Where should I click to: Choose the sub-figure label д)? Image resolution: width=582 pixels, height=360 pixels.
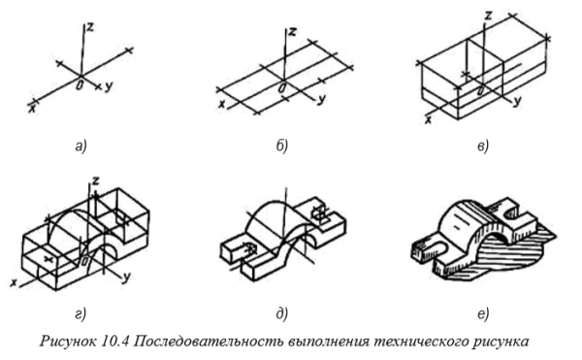tap(283, 311)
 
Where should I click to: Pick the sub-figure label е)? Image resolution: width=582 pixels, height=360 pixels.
tap(482, 311)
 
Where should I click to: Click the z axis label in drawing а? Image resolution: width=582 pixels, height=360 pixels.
tap(88, 28)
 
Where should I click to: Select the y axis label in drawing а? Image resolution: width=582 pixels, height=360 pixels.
tap(110, 87)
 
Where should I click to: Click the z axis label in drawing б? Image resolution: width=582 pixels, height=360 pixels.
tap(292, 33)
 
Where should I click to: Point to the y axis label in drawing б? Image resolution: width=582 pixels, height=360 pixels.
tap(320, 98)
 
